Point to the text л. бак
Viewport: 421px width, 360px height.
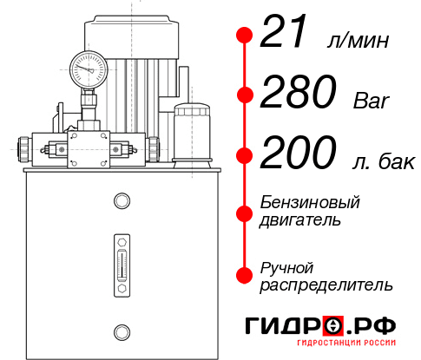pos(375,160)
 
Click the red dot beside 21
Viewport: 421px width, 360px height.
pos(245,36)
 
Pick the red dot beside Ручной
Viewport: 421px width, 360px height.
pos(245,274)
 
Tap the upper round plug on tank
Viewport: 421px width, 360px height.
pos(121,202)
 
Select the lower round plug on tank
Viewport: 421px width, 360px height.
pos(121,330)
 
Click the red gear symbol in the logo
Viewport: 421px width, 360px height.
pos(332,325)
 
